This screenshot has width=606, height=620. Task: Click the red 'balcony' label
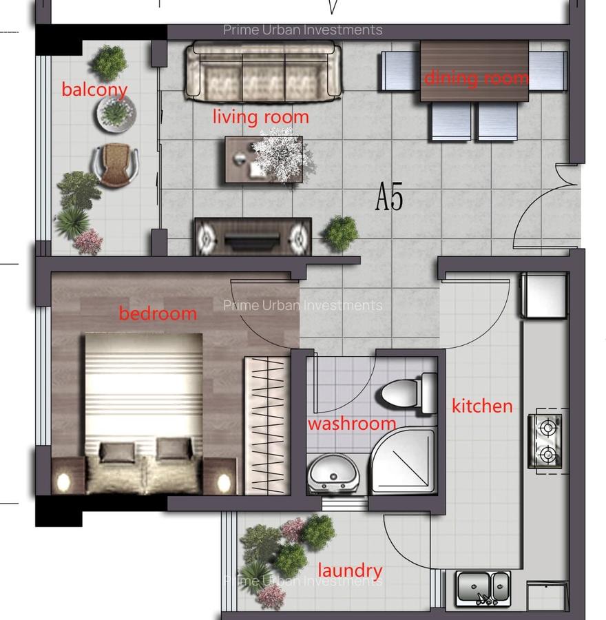coord(94,90)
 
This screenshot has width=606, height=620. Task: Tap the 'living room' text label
coord(260,117)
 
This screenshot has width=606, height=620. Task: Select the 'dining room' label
coord(476,78)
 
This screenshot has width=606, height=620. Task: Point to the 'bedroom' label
coord(158,313)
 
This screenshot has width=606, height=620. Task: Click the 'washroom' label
coord(351,424)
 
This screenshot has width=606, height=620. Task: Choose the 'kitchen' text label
coord(482,406)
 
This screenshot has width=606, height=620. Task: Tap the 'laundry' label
coord(349,570)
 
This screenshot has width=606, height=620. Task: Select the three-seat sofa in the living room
coord(263,72)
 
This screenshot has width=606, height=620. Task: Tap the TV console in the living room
coord(253,237)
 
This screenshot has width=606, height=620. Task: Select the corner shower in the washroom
coord(404,462)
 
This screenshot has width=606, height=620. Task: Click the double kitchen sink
coord(484,588)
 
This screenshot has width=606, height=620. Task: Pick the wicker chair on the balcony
coord(114,165)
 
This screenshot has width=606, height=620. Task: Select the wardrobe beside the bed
coord(267,425)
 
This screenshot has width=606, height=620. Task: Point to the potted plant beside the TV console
coord(340,233)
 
